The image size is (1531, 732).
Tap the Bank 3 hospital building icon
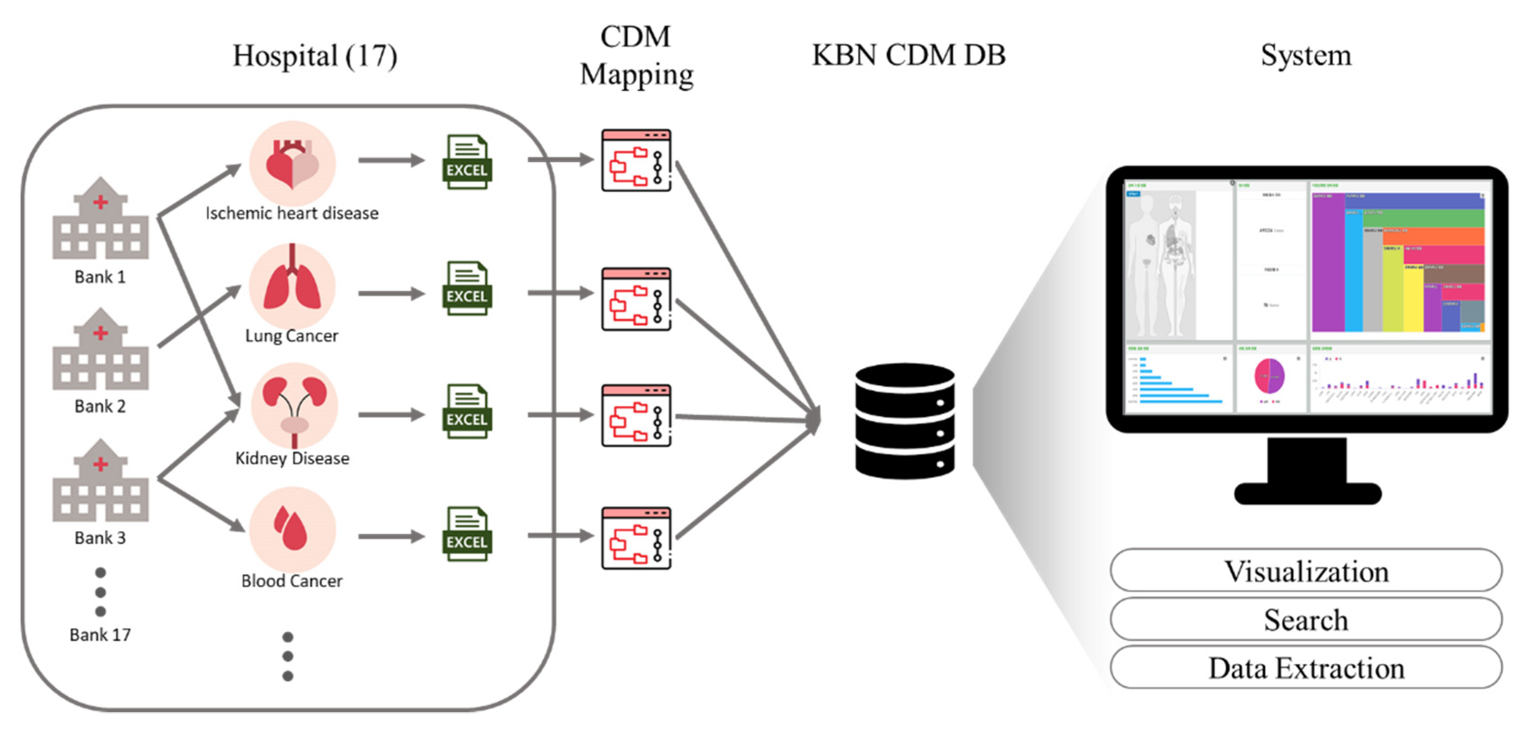point(100,481)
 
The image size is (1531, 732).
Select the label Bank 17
point(100,634)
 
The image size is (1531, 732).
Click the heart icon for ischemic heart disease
point(292,163)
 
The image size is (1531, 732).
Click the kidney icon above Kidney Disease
point(294,407)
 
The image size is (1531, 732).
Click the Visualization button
point(1305,570)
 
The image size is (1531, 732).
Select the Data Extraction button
point(1305,668)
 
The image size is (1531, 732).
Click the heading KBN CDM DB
point(908,55)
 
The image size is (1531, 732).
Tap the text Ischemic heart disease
point(292,213)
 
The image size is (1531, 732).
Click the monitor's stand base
point(1307,493)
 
